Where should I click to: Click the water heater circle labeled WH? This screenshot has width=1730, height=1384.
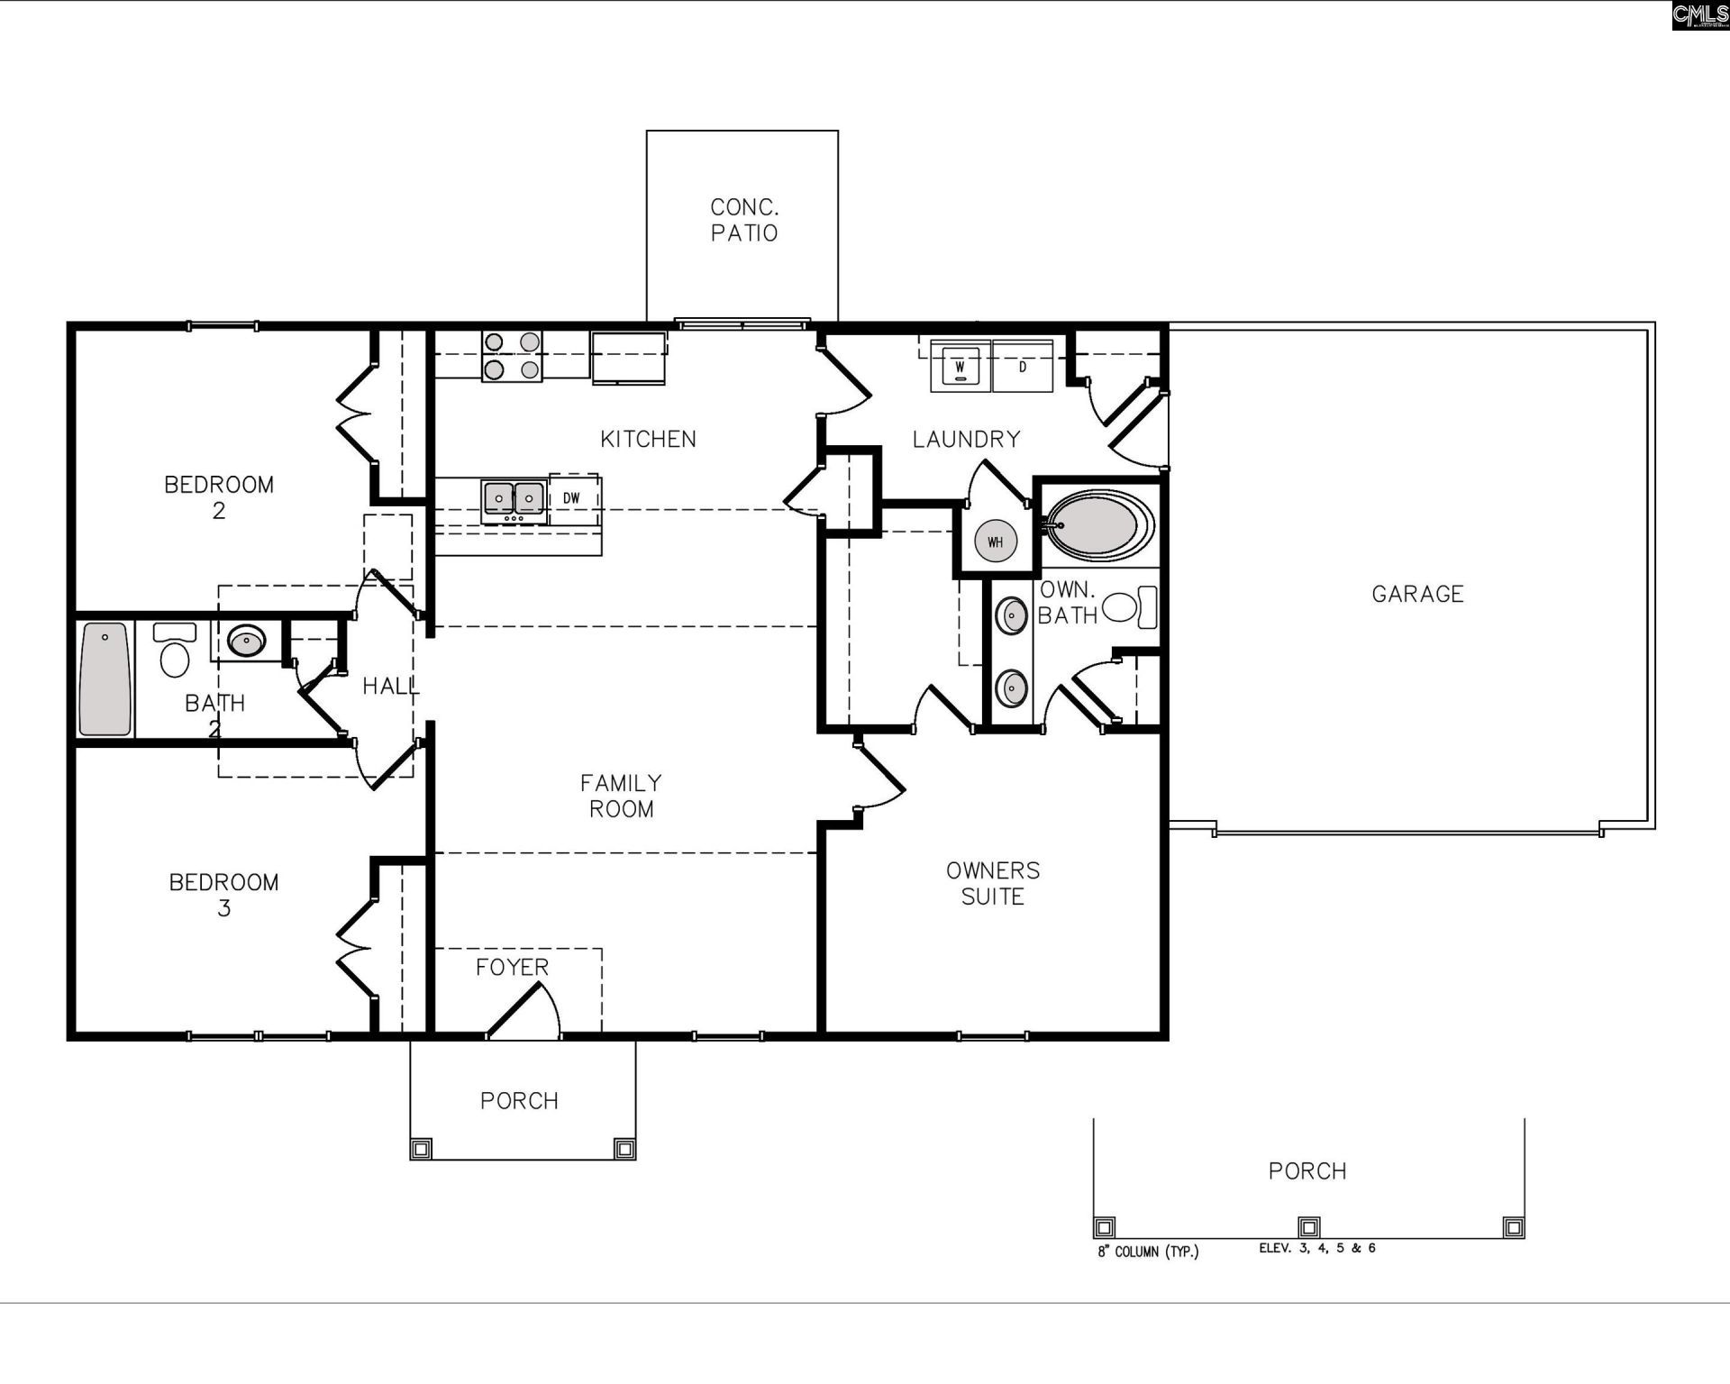click(x=996, y=542)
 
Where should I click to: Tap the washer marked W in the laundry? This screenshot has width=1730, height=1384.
click(x=960, y=367)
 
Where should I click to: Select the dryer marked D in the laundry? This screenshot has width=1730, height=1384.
click(x=1023, y=367)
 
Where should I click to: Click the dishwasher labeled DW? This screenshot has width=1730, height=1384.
click(x=572, y=498)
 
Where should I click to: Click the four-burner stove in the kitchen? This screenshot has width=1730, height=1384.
click(x=512, y=355)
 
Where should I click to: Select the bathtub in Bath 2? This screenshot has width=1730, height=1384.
click(x=105, y=678)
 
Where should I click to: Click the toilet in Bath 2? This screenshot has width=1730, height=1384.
click(x=175, y=651)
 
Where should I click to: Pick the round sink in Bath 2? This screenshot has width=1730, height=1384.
click(x=246, y=641)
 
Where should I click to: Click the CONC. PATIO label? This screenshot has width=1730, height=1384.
click(x=743, y=220)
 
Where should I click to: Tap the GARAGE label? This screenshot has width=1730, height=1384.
click(x=1417, y=594)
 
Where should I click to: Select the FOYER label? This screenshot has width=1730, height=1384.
click(x=512, y=967)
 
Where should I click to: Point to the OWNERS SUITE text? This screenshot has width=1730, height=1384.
click(x=992, y=883)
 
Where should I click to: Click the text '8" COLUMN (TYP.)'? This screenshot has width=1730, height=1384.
click(x=1148, y=1252)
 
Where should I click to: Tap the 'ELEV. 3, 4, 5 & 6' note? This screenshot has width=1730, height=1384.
click(x=1316, y=1248)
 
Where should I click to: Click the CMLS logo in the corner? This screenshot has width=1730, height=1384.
click(x=1700, y=15)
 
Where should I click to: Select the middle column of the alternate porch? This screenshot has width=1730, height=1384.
click(x=1309, y=1226)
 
